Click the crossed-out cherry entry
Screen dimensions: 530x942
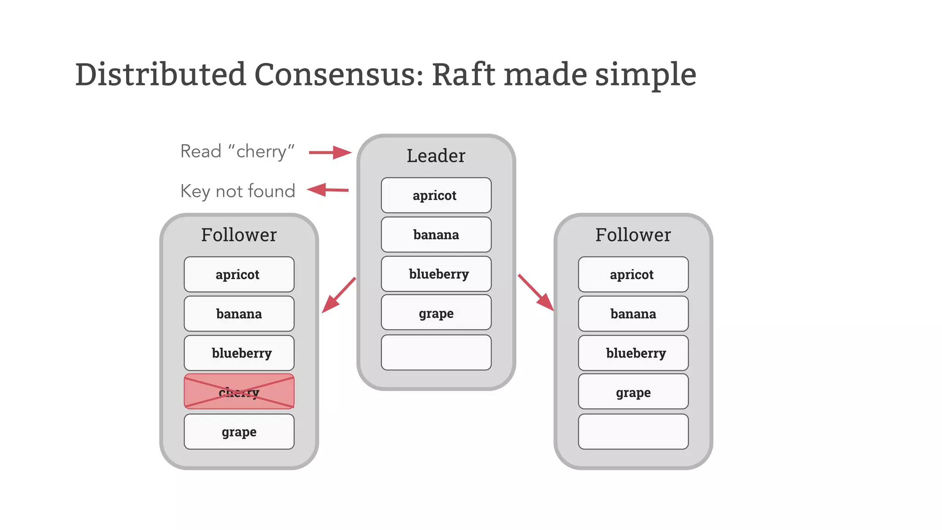tap(239, 392)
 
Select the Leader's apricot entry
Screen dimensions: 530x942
tap(436, 195)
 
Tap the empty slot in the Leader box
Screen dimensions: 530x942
tap(436, 352)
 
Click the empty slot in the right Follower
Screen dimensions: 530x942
tap(633, 432)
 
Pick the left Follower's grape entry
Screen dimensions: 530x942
tap(239, 432)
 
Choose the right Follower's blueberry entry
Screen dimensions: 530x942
tap(633, 353)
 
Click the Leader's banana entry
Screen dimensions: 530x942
tap(436, 235)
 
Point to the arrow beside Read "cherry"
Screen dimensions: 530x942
tap(329, 152)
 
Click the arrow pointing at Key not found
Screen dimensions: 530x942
tap(327, 190)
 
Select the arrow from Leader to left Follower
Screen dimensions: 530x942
tap(339, 295)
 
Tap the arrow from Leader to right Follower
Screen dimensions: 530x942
tap(536, 293)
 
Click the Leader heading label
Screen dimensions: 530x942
tap(436, 156)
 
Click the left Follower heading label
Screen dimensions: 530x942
tap(239, 235)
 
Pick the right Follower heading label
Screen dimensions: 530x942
tap(633, 235)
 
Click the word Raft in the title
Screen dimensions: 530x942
tap(463, 75)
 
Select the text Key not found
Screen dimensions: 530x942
tap(237, 191)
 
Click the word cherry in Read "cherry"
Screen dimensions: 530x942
tap(261, 151)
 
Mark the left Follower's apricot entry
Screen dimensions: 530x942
tap(239, 274)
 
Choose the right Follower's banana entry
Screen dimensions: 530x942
tap(633, 314)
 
